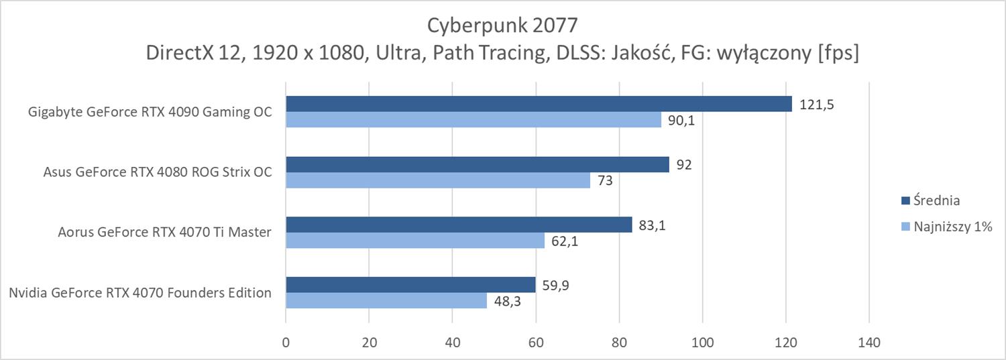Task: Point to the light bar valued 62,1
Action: (x=415, y=240)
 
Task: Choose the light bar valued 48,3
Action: (x=386, y=300)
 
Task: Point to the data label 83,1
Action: (x=653, y=225)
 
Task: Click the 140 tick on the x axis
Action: (x=869, y=341)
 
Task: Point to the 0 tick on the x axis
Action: (x=286, y=341)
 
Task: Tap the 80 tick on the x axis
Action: (x=619, y=341)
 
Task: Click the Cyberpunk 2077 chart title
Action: (x=502, y=25)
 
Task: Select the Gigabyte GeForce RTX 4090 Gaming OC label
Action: (x=150, y=112)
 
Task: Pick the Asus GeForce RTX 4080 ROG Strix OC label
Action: (x=158, y=172)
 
